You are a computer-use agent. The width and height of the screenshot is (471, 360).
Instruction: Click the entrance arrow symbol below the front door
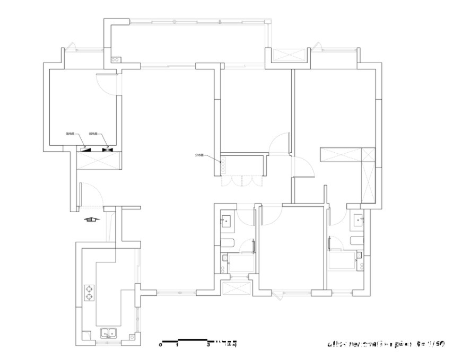point(91,218)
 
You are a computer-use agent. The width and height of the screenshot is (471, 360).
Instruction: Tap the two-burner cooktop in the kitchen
point(89,293)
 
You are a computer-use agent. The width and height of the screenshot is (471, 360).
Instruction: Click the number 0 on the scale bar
point(160,345)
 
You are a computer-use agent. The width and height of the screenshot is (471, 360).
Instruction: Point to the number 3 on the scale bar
point(208,345)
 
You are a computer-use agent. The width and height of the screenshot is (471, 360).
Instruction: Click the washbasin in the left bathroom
point(226,221)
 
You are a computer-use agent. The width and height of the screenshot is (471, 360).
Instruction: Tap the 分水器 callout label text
point(199,155)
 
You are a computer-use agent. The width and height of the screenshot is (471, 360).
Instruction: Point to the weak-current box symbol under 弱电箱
point(108,150)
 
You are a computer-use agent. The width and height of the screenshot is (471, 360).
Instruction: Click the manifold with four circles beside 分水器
point(223,165)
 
